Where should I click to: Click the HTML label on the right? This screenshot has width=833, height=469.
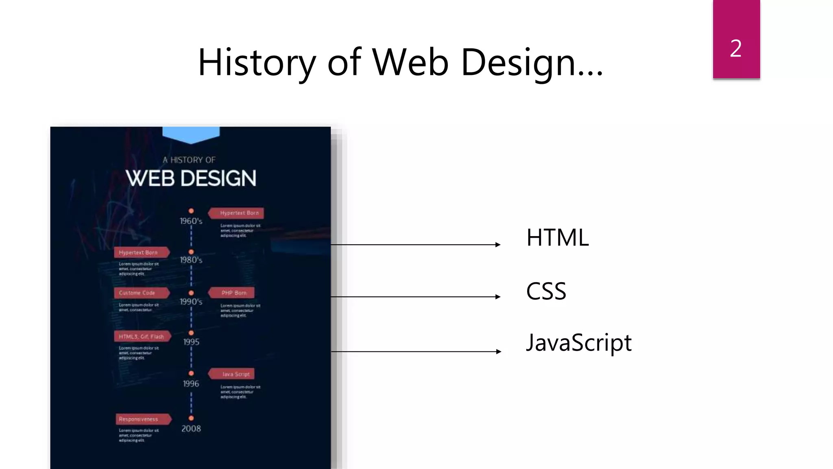[x=557, y=238]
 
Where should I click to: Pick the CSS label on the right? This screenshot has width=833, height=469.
[x=546, y=291]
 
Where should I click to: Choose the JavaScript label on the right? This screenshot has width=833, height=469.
[x=578, y=343]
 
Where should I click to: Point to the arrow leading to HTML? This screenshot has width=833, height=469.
[x=415, y=245]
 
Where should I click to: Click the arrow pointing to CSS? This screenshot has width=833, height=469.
[x=415, y=297]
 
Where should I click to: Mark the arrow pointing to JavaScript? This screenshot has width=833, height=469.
[x=415, y=351]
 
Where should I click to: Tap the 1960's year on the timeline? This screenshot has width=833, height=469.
[x=191, y=221]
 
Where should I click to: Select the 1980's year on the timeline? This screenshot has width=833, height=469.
[x=191, y=260]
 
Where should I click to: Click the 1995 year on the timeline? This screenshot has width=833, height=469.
[x=191, y=342]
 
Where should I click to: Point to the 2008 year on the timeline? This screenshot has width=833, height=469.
[x=191, y=429]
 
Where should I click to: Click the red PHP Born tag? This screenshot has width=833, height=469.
[x=233, y=293]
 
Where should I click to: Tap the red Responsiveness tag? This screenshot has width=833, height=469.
[x=141, y=419]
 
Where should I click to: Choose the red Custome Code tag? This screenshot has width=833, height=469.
[x=140, y=293]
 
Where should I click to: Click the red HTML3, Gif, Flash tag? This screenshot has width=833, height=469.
[x=141, y=336]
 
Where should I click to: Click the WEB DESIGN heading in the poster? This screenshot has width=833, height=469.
[x=191, y=178]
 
